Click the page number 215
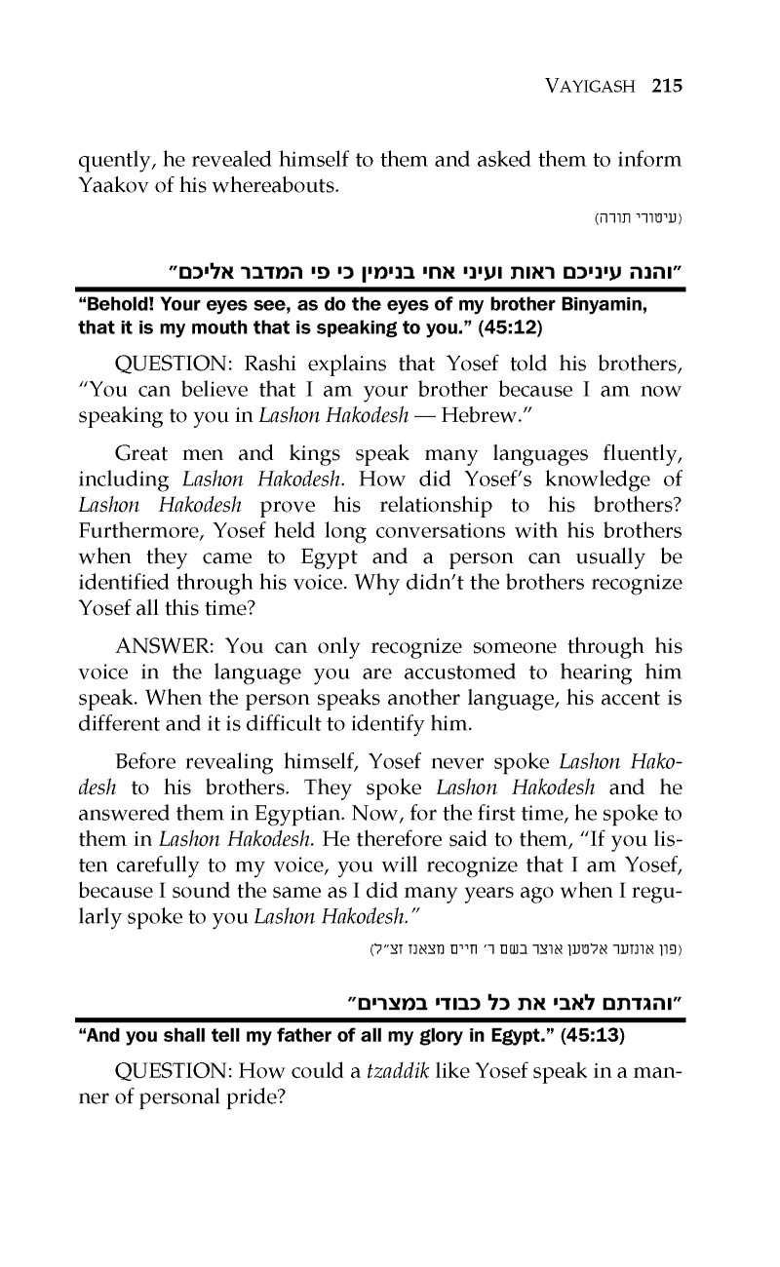(x=667, y=86)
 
